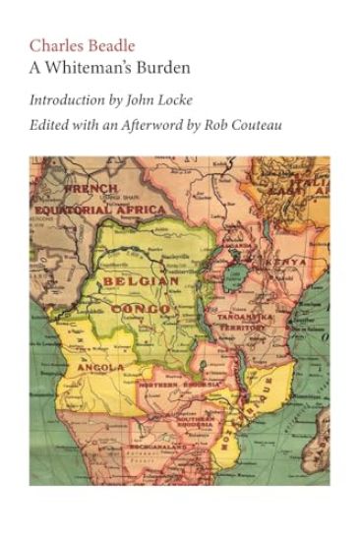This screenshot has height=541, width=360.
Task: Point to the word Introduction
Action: pos(66,99)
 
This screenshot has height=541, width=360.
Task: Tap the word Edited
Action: pos(48,126)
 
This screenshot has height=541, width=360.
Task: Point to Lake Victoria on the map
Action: pos(240,269)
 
